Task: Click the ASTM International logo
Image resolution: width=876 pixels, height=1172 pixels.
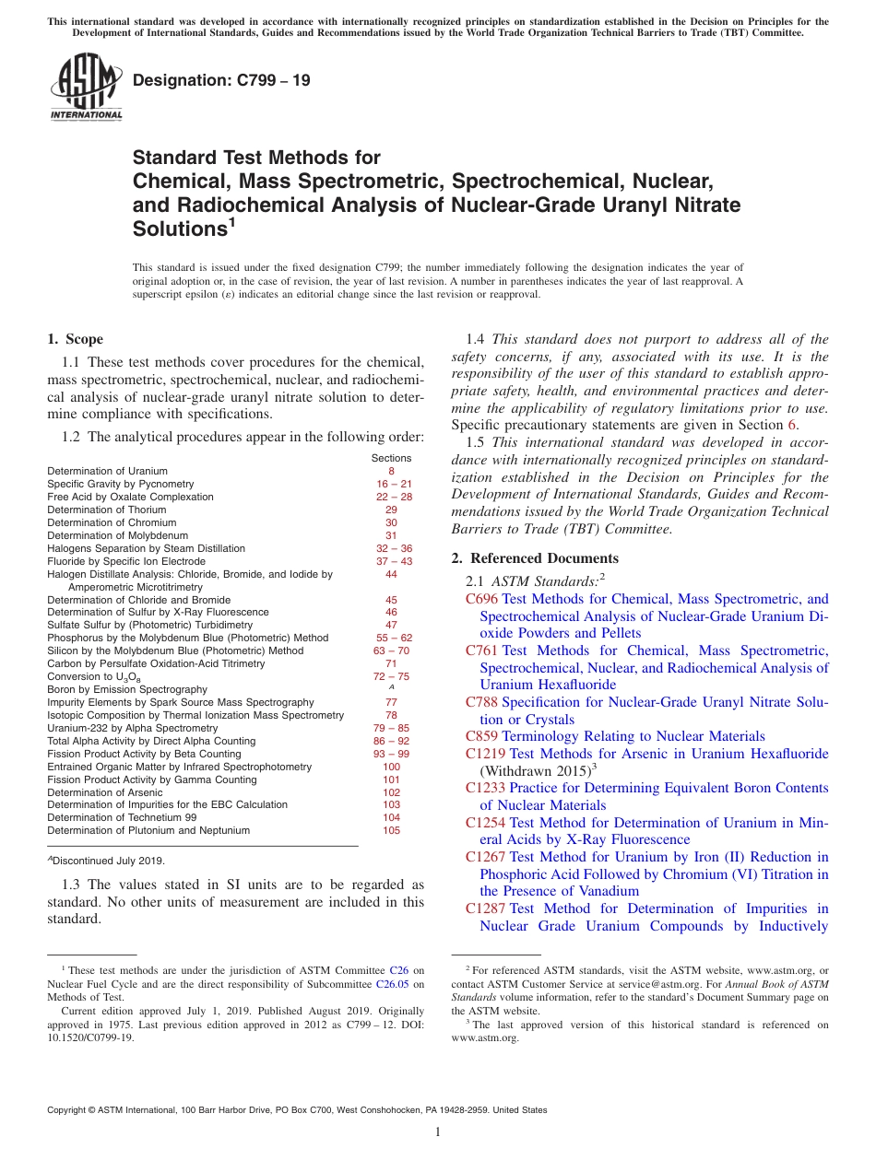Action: coord(85,88)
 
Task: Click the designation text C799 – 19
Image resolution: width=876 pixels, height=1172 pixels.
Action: coord(221,80)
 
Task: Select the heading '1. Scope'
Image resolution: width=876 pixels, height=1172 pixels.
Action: coord(75,339)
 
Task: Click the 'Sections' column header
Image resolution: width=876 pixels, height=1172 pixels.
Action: coord(391,458)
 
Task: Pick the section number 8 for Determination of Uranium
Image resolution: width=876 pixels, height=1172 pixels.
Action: coord(391,471)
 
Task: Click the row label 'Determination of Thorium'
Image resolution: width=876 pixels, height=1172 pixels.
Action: coord(107,510)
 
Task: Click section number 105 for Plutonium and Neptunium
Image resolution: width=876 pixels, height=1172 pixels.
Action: coord(391,830)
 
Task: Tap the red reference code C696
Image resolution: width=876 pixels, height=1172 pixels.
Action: coord(482,599)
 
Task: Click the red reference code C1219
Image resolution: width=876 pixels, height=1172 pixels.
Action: coord(486,754)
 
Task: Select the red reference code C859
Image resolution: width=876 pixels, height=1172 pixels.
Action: coord(482,736)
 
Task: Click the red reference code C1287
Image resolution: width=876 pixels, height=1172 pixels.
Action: coord(486,908)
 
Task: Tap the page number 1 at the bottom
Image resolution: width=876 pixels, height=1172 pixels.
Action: coord(438,1132)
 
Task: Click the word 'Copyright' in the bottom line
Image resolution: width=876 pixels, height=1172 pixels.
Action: coord(69,1110)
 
